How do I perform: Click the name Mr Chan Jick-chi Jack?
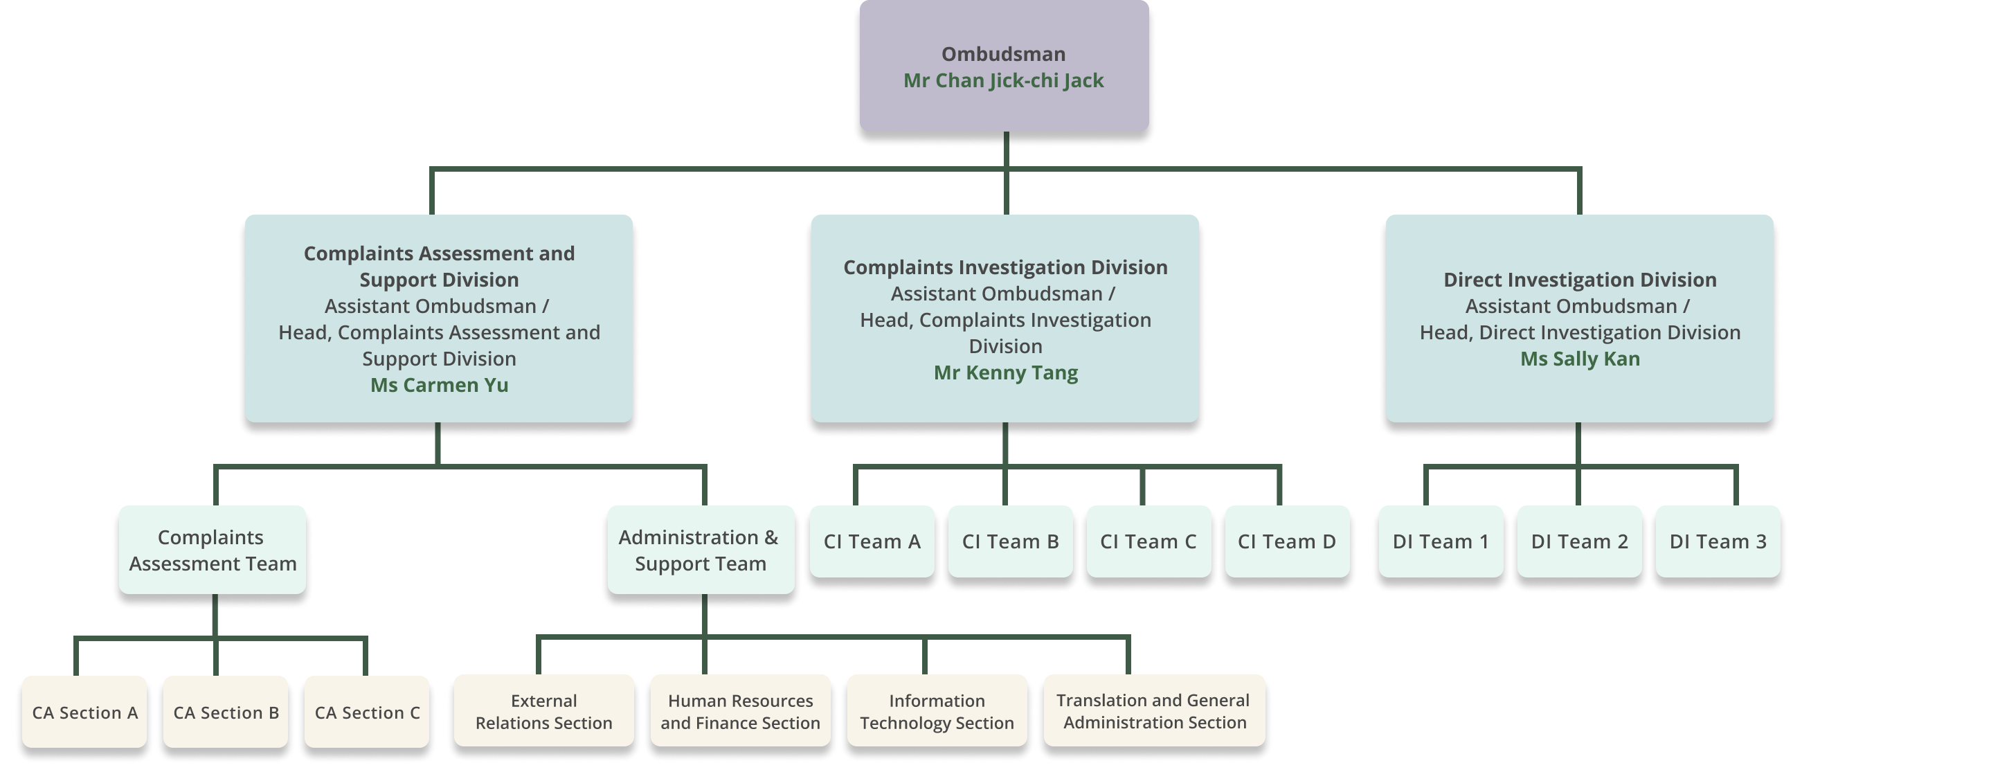tap(1003, 80)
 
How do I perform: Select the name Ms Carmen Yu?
tap(439, 385)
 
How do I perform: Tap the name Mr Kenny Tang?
tap(1005, 372)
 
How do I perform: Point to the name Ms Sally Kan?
tap(1579, 359)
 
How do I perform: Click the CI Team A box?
tap(872, 541)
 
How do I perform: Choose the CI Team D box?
tap(1286, 541)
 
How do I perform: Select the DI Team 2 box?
tap(1579, 541)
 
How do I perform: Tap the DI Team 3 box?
tap(1718, 541)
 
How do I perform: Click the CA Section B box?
tap(226, 712)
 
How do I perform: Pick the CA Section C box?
tap(366, 712)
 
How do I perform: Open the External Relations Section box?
tap(543, 712)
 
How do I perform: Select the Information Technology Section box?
tap(937, 712)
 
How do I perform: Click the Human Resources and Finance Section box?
tap(740, 712)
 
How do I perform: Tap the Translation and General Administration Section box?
tap(1153, 712)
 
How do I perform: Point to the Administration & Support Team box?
tap(700, 550)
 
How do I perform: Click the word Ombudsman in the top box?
tap(1003, 54)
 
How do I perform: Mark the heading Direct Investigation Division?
tap(1579, 279)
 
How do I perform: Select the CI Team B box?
tap(1010, 541)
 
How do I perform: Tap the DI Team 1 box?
tap(1441, 541)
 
